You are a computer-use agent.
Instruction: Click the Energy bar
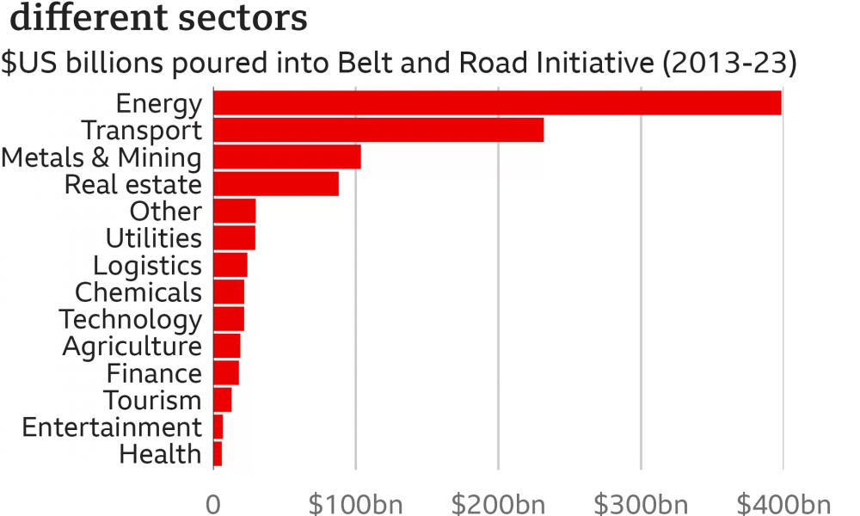pyautogui.click(x=497, y=103)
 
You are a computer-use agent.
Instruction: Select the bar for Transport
pyautogui.click(x=378, y=130)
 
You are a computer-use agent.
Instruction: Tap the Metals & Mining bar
pyautogui.click(x=286, y=157)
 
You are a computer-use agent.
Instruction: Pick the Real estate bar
pyautogui.click(x=275, y=184)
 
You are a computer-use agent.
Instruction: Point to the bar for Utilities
pyautogui.click(x=234, y=238)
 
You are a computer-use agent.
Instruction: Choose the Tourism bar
pyautogui.click(x=222, y=400)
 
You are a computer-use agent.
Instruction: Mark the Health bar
pyautogui.click(x=218, y=454)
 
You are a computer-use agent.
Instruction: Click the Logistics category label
pyautogui.click(x=147, y=266)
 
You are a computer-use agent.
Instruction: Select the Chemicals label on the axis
pyautogui.click(x=138, y=292)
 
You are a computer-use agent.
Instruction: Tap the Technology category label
pyautogui.click(x=130, y=320)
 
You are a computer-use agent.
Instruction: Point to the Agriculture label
pyautogui.click(x=132, y=347)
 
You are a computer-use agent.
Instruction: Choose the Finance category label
pyautogui.click(x=154, y=374)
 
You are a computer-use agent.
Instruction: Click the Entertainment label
pyautogui.click(x=112, y=427)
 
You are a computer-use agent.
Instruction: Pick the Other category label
pyautogui.click(x=165, y=212)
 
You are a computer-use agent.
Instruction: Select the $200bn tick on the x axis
pyautogui.click(x=497, y=503)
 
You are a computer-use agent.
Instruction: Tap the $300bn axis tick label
pyautogui.click(x=641, y=503)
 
